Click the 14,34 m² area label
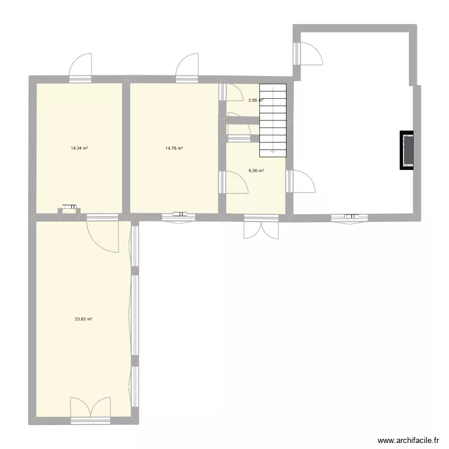pyautogui.click(x=79, y=148)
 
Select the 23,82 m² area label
pyautogui.click(x=83, y=319)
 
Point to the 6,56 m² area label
pyautogui.click(x=256, y=171)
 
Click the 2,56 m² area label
pyautogui.click(x=256, y=101)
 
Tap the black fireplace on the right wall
pyautogui.click(x=407, y=150)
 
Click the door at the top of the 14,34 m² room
pyautogui.click(x=80, y=67)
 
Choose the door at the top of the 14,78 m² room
pyautogui.click(x=187, y=66)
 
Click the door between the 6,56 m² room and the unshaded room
pyautogui.click(x=299, y=181)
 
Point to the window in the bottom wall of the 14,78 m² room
pyautogui.click(x=178, y=214)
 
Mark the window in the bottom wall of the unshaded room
pyautogui.click(x=350, y=216)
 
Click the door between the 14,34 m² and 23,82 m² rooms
pyautogui.click(x=102, y=230)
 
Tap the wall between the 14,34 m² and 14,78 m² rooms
pyautogui.click(x=126, y=147)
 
